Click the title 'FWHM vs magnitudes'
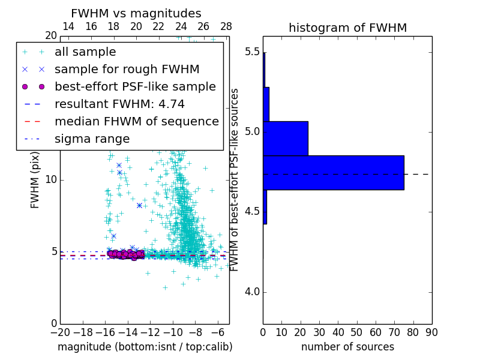click(x=136, y=13)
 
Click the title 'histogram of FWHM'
click(x=347, y=28)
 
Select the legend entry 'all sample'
click(x=85, y=52)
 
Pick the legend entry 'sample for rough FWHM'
click(x=127, y=70)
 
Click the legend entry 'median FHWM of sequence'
click(x=136, y=122)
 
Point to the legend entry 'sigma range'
click(x=92, y=139)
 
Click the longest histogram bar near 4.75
click(x=333, y=173)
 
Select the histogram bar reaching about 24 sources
click(x=286, y=138)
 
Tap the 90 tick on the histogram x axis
click(x=431, y=332)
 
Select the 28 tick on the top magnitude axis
click(x=226, y=26)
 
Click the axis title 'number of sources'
click(x=347, y=347)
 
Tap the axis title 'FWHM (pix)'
click(x=35, y=180)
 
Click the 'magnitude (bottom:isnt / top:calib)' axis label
click(x=145, y=347)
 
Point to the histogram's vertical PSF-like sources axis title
click(x=235, y=180)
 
